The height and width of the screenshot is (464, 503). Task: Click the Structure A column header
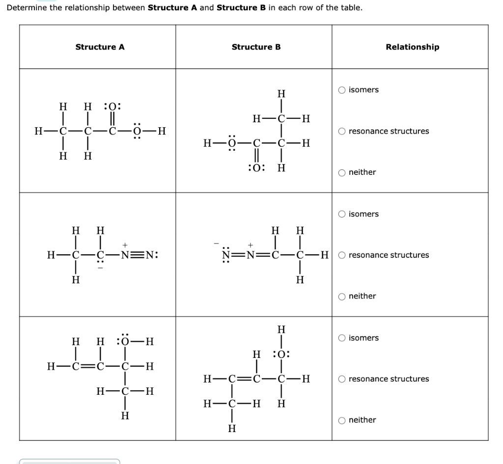(x=100, y=47)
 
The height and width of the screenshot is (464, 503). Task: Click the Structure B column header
(x=256, y=47)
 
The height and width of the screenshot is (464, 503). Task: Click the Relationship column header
(x=412, y=47)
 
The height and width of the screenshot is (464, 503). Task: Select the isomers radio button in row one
(x=342, y=90)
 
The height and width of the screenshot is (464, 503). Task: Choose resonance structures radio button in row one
(x=342, y=131)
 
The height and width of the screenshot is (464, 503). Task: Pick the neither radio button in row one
(x=342, y=172)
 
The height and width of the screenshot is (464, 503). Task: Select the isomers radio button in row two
(x=342, y=214)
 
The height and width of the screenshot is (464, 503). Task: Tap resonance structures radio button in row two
(x=342, y=255)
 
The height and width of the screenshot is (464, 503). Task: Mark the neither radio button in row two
(x=342, y=297)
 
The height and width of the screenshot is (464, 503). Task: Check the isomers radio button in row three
(x=342, y=338)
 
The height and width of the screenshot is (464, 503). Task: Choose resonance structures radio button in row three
(x=342, y=379)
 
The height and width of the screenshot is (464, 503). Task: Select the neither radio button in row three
(x=342, y=420)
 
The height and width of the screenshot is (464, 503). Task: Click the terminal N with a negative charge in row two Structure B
(x=226, y=255)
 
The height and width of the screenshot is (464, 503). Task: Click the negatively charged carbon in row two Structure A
(x=100, y=255)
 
